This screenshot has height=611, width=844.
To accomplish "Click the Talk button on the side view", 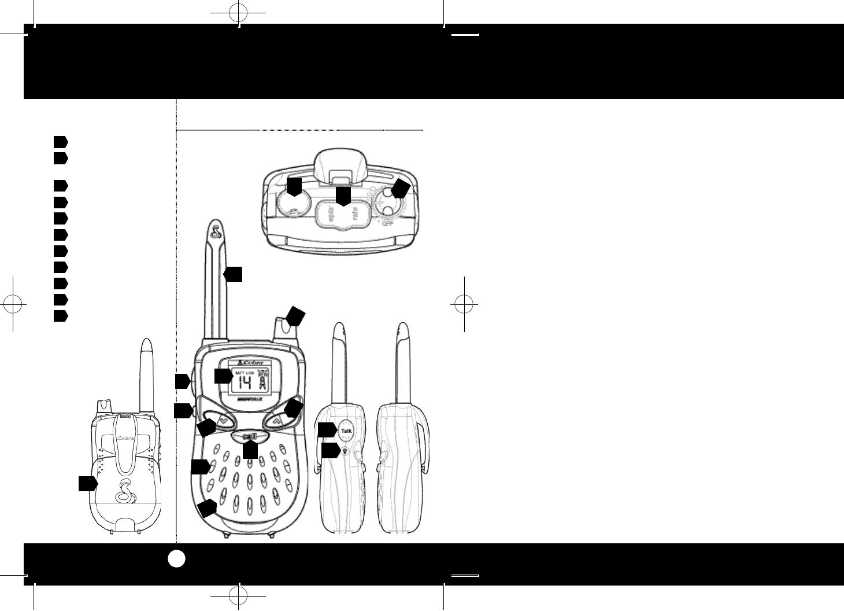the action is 347,431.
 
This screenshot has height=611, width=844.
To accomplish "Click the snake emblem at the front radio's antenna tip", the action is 216,232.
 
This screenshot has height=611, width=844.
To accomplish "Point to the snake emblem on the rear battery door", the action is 125,491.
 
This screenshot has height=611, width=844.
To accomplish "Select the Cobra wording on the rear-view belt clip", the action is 126,438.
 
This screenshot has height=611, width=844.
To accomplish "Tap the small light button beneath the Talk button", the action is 345,451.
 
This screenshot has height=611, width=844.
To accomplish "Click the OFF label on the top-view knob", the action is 388,222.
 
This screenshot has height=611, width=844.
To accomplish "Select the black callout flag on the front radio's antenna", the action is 234,274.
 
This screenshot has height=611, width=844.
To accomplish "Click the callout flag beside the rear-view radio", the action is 87,484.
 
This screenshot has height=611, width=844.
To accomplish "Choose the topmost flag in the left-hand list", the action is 61,141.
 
